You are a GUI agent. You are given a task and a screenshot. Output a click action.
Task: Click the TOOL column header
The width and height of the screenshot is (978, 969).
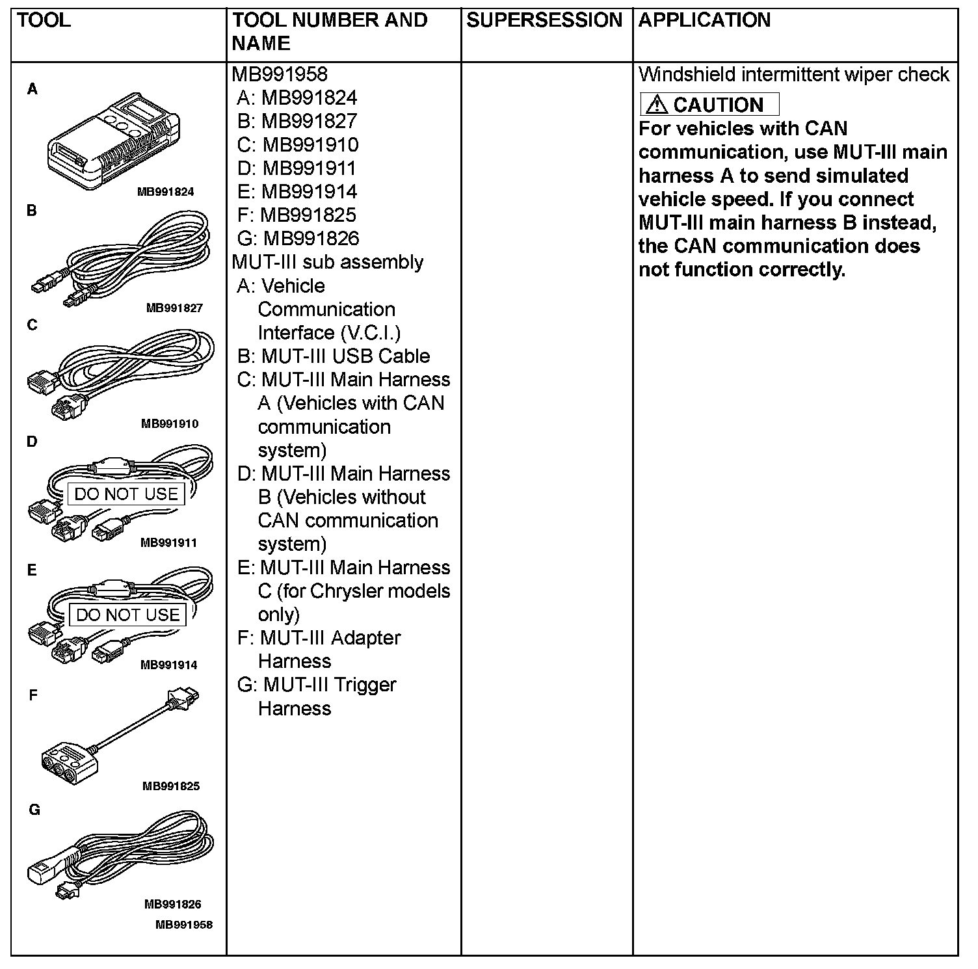44,20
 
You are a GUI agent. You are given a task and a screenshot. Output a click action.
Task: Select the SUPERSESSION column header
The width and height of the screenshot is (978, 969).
544,20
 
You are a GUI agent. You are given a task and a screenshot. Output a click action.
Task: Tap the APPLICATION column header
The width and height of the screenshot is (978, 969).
704,20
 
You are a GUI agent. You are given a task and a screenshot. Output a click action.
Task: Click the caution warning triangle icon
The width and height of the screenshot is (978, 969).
657,104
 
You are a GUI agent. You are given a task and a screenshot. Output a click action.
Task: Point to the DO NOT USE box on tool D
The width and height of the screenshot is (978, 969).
126,494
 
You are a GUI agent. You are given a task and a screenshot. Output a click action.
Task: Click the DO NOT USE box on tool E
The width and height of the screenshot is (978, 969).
127,615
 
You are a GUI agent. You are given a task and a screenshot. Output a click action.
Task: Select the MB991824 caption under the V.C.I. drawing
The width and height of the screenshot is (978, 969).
165,192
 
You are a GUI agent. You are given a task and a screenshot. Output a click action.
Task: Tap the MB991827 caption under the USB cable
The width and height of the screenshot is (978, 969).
174,308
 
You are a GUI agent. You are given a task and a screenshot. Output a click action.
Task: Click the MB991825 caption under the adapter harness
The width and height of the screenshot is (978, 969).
171,786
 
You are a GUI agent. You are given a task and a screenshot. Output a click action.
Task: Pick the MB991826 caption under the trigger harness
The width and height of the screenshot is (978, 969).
172,904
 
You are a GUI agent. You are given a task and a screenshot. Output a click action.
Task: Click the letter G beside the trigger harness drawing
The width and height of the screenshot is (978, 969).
34,810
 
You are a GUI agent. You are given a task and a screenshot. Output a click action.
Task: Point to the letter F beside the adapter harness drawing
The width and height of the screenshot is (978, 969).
34,695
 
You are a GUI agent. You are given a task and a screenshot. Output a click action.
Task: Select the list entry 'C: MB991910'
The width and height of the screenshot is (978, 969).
297,144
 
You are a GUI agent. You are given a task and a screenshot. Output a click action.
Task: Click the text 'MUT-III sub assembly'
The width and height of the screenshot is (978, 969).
327,262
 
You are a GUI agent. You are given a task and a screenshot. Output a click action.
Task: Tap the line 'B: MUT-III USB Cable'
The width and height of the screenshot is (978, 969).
333,356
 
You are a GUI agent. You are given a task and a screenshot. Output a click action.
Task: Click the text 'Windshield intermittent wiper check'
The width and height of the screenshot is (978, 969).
793,75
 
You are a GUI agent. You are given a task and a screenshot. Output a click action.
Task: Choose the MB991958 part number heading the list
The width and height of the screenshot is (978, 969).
280,74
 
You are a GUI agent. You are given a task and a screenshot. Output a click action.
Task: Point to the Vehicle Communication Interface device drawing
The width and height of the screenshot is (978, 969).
114,140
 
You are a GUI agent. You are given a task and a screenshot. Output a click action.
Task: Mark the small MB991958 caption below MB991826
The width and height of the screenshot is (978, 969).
184,924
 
